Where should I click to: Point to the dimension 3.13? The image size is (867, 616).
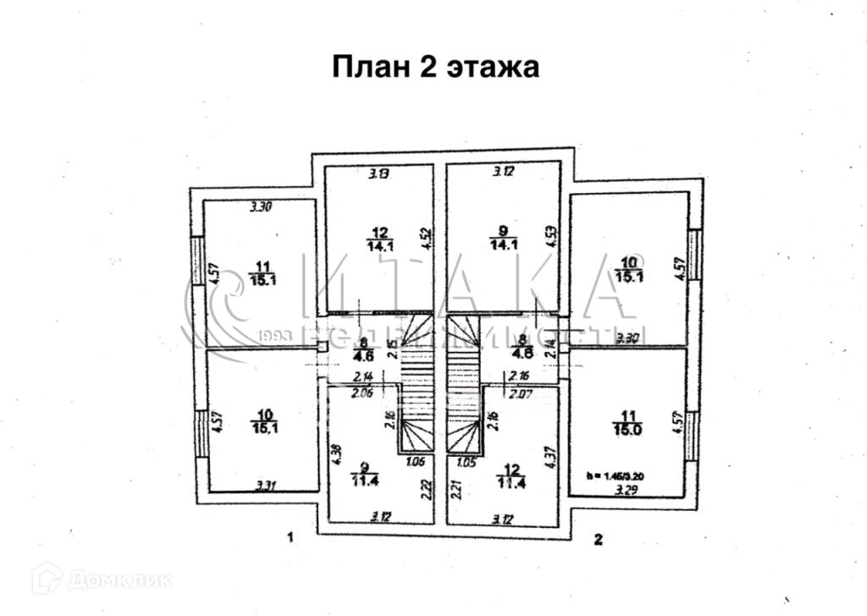tap(378, 175)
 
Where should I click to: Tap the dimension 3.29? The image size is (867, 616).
tap(627, 488)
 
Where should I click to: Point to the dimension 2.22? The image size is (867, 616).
tap(428, 490)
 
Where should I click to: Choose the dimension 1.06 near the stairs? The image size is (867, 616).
tap(415, 462)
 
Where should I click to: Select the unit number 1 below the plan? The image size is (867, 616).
tap(290, 537)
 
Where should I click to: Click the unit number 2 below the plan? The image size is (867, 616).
tap(599, 538)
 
